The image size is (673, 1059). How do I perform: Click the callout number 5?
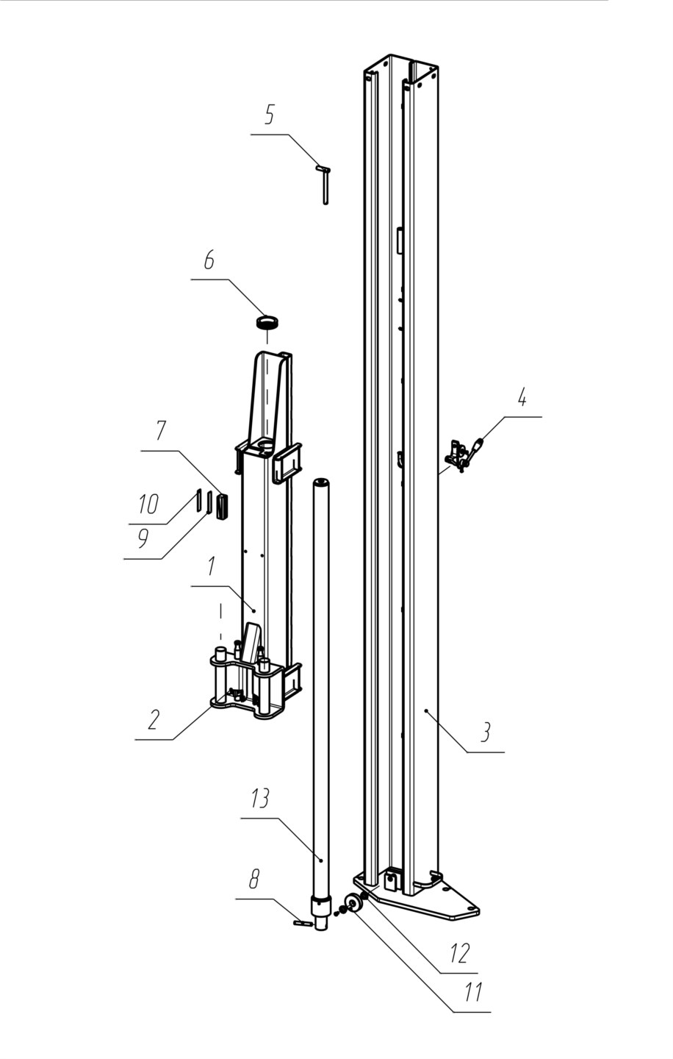pyautogui.click(x=269, y=115)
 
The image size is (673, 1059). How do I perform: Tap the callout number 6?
pyautogui.click(x=209, y=260)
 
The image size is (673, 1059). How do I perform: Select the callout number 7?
pyautogui.click(x=161, y=431)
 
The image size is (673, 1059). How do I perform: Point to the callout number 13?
pyautogui.click(x=260, y=799)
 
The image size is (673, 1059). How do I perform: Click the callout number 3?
pyautogui.click(x=486, y=731)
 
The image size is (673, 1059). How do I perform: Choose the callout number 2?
pyautogui.click(x=153, y=719)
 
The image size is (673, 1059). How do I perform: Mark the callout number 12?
pyautogui.click(x=461, y=952)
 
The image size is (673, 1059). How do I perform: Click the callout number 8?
pyautogui.click(x=254, y=879)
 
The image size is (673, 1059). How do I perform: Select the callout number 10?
pyautogui.click(x=148, y=504)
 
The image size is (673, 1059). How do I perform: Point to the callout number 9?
pyautogui.click(x=143, y=538)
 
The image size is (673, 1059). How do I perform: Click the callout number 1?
pyautogui.click(x=211, y=566)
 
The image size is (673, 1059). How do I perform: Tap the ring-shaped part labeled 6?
pyautogui.click(x=267, y=324)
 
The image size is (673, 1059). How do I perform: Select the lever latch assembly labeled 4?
pyautogui.click(x=464, y=455)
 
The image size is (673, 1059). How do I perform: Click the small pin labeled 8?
pyautogui.click(x=303, y=923)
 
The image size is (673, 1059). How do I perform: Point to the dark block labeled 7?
pyautogui.click(x=223, y=507)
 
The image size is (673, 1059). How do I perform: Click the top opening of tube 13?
pyautogui.click(x=321, y=482)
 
